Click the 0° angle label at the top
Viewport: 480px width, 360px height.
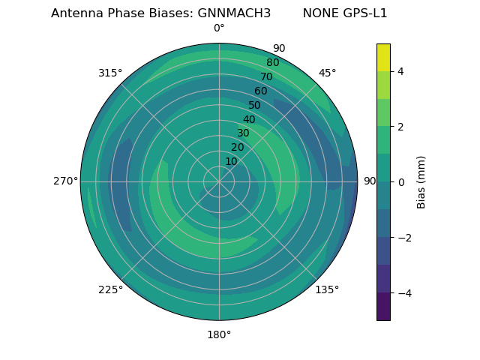point(219,28)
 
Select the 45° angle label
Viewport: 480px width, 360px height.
point(327,73)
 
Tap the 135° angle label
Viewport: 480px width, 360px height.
point(327,289)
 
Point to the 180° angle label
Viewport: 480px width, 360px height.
point(219,334)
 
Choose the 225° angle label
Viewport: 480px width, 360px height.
point(110,289)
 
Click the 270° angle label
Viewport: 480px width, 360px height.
point(65,181)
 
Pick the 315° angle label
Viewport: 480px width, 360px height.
point(110,73)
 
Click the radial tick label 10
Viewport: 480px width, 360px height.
point(231,161)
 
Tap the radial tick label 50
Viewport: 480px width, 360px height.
point(255,105)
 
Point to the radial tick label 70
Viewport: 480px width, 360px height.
point(266,76)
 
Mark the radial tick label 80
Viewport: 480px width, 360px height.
point(272,62)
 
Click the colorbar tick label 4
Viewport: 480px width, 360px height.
point(401,71)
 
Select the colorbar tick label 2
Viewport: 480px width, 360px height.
point(401,127)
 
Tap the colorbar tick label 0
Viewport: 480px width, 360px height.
point(401,181)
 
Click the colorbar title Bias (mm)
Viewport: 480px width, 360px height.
point(421,181)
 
